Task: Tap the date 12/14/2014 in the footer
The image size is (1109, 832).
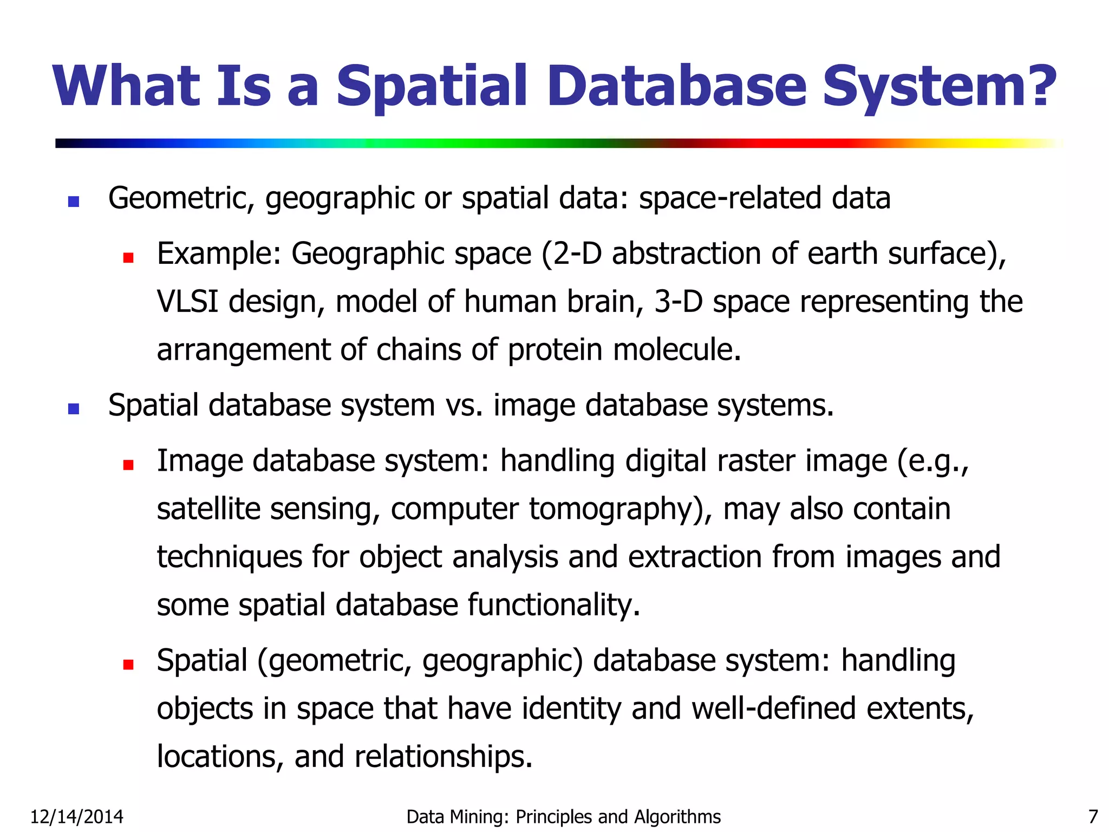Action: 76,816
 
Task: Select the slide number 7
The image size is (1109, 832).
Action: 1093,816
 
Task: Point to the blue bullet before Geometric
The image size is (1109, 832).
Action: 74,201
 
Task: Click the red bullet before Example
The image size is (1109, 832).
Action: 128,257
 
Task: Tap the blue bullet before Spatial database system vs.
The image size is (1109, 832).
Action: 74,409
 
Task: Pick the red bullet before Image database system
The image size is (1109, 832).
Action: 128,464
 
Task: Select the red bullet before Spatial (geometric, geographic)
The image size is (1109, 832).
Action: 128,664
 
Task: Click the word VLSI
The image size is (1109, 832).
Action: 187,301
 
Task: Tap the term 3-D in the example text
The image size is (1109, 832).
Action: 678,301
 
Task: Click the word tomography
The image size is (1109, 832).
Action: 614,509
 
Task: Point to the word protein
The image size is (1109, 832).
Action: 554,350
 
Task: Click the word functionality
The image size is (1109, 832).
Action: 554,605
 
